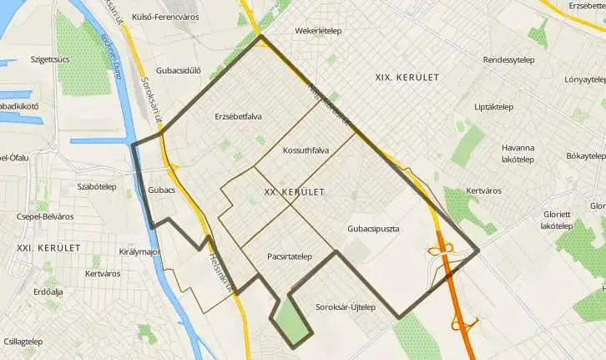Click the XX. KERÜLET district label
[293, 192]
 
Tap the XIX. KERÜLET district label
[407, 77]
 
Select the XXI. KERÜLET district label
[48, 248]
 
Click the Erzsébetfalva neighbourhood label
[237, 116]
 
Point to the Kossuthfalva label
[306, 150]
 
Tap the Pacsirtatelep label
[289, 256]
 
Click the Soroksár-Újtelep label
[346, 307]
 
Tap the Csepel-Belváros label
[45, 216]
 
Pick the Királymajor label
[139, 251]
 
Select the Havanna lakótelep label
[518, 153]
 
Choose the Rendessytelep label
[509, 60]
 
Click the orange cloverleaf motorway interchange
[441, 248]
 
